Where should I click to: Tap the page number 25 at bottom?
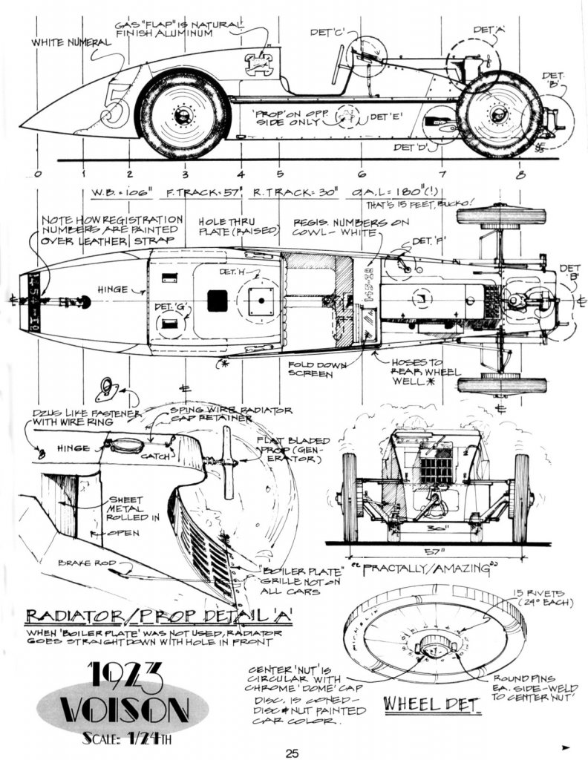(292, 753)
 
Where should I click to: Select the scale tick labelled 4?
(241, 175)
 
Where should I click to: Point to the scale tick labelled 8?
(520, 175)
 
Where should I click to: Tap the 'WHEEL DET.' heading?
(431, 702)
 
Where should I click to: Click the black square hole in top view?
(217, 300)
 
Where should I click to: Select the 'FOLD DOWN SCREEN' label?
(330, 369)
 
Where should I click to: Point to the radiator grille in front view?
(436, 465)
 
